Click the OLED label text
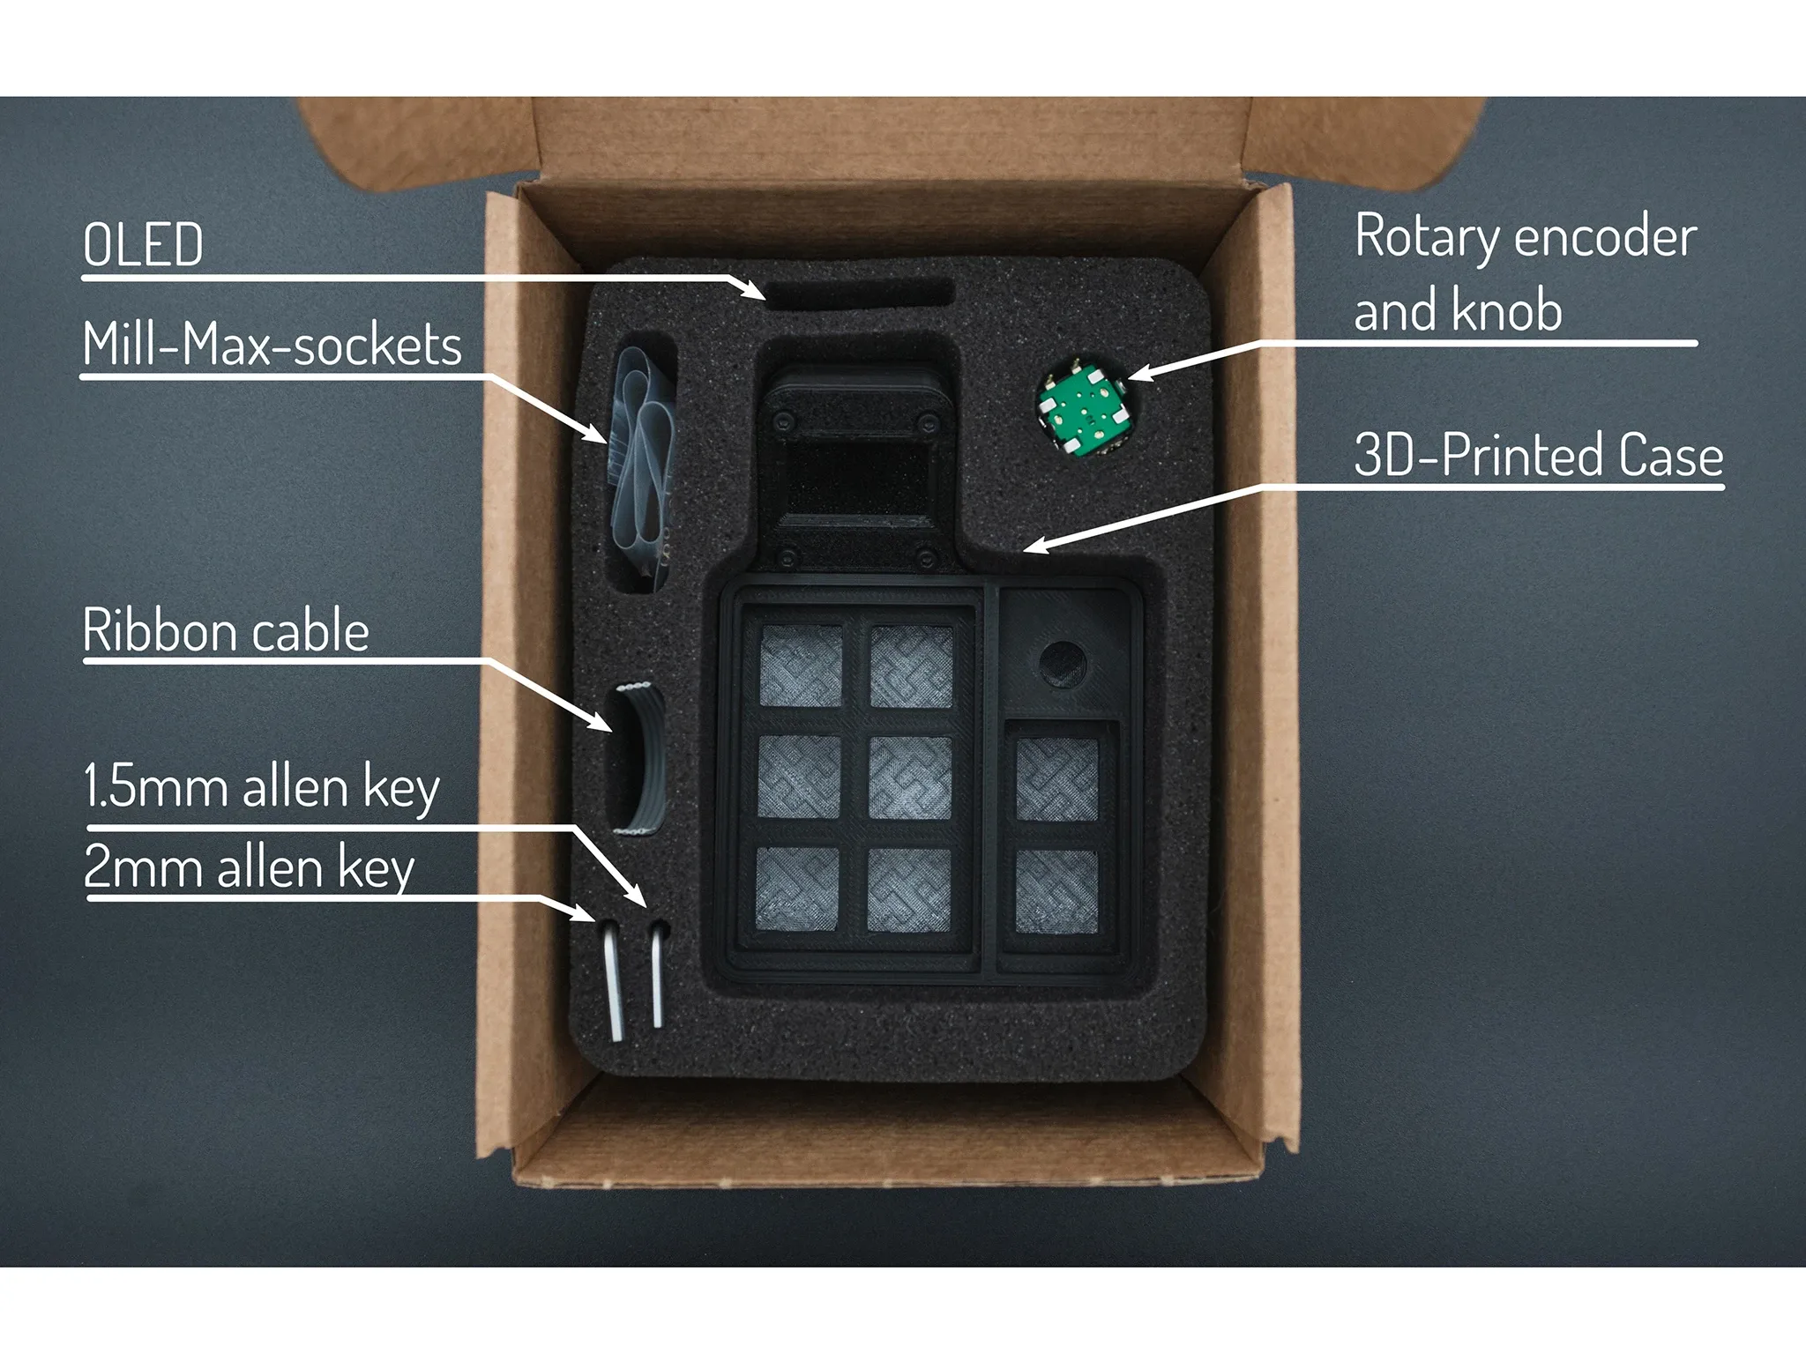click(x=143, y=245)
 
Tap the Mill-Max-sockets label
click(x=272, y=345)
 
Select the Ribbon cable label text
click(x=226, y=631)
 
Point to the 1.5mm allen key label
click(x=261, y=787)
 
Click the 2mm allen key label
click(x=249, y=868)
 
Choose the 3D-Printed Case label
click(x=1538, y=456)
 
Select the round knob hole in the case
click(x=1063, y=663)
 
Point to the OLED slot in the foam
click(x=860, y=292)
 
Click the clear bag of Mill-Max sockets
click(x=644, y=458)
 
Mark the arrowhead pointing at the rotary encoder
click(x=1138, y=376)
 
